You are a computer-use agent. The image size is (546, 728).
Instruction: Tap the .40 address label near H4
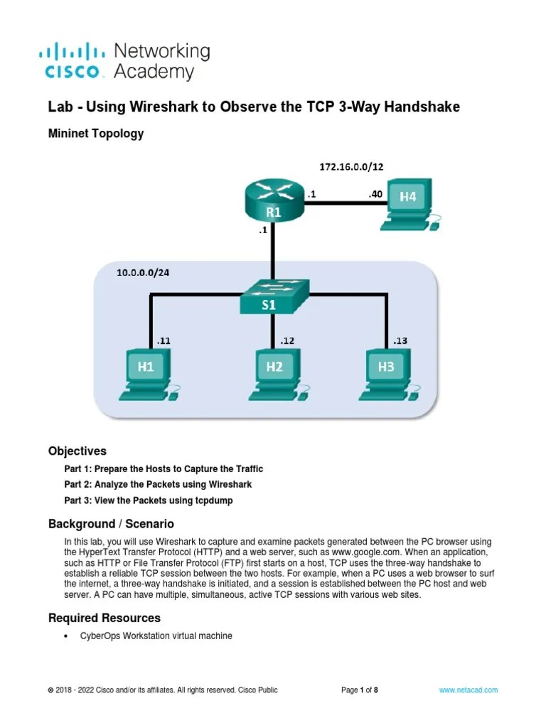click(x=376, y=193)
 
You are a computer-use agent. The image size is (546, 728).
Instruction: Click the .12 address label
click(x=287, y=341)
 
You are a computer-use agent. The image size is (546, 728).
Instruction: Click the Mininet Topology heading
click(x=95, y=133)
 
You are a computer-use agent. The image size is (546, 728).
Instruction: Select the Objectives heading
click(x=77, y=451)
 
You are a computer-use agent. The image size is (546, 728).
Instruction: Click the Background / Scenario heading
click(x=111, y=524)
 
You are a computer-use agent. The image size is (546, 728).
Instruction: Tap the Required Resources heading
click(x=105, y=618)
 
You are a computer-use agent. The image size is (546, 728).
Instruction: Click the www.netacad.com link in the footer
click(x=468, y=690)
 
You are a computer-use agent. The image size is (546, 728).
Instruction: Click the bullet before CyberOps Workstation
click(x=66, y=636)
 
